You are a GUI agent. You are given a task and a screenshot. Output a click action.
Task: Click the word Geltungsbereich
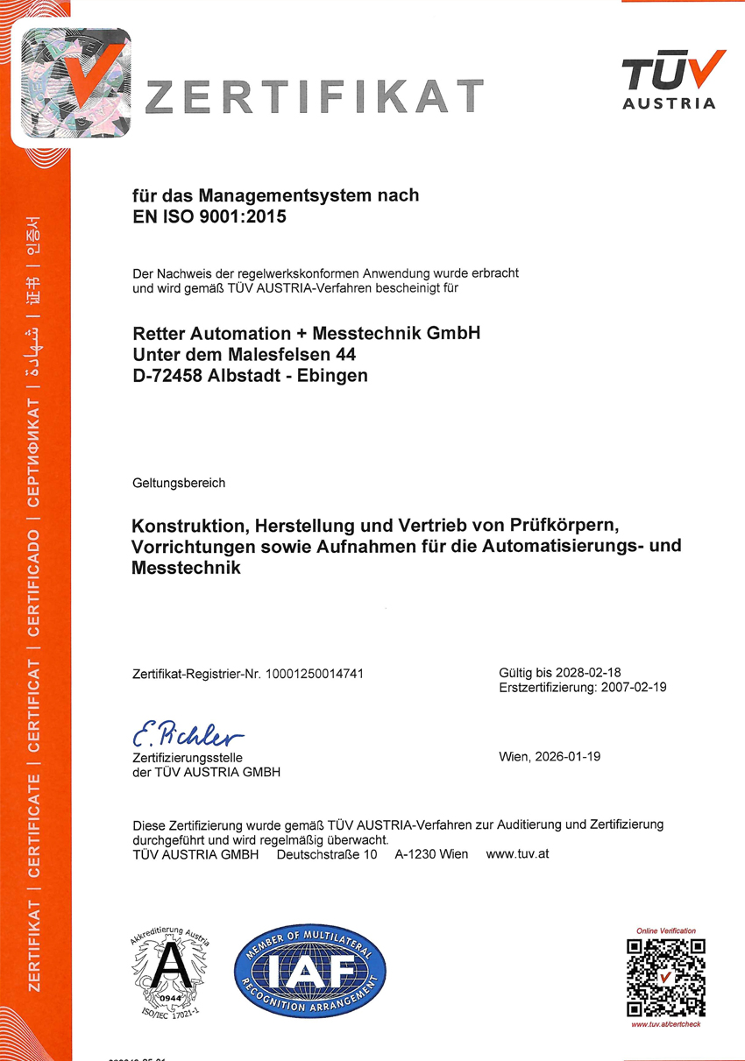(x=179, y=483)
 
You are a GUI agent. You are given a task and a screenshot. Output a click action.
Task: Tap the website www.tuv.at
(x=517, y=853)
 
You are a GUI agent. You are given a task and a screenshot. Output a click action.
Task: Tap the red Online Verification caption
(x=666, y=930)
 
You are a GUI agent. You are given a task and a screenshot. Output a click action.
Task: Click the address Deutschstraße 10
(x=326, y=853)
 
